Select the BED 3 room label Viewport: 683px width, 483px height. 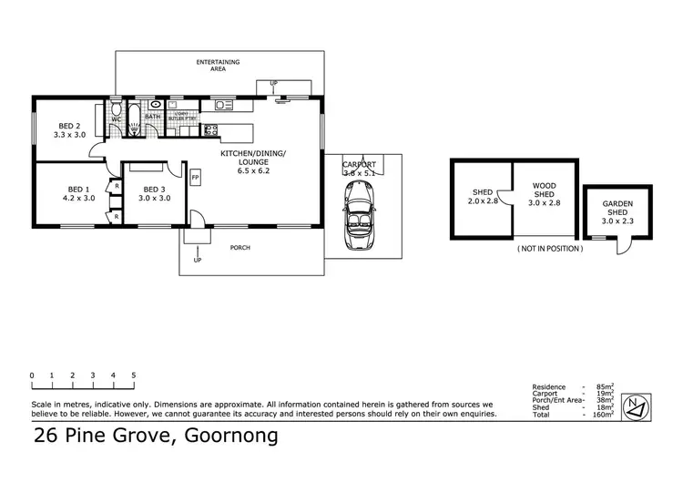[154, 192]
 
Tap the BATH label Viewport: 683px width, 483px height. [152, 118]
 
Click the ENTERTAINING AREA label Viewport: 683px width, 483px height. [219, 66]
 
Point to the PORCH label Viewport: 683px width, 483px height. [240, 248]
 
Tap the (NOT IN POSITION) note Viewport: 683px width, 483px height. [548, 248]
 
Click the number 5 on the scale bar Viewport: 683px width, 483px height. [134, 375]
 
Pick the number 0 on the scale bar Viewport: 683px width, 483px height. [31, 375]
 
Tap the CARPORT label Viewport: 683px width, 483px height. [359, 164]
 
